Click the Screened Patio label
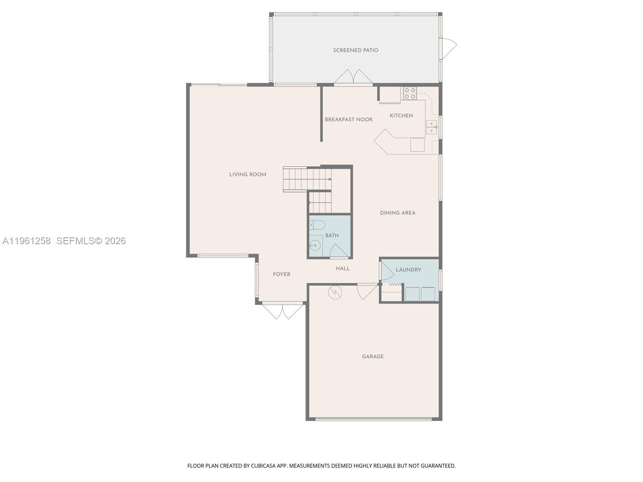355,50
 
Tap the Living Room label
248,174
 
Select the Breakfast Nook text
348,119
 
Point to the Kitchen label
401,116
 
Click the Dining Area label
397,213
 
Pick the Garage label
373,356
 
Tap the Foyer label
282,274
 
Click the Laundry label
408,270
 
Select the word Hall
343,268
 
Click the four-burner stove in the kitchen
410,93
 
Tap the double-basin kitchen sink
432,127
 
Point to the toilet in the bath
317,225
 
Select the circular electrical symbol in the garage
335,292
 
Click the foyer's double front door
283,311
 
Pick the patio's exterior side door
449,48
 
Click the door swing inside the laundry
387,271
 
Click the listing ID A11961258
27,241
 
